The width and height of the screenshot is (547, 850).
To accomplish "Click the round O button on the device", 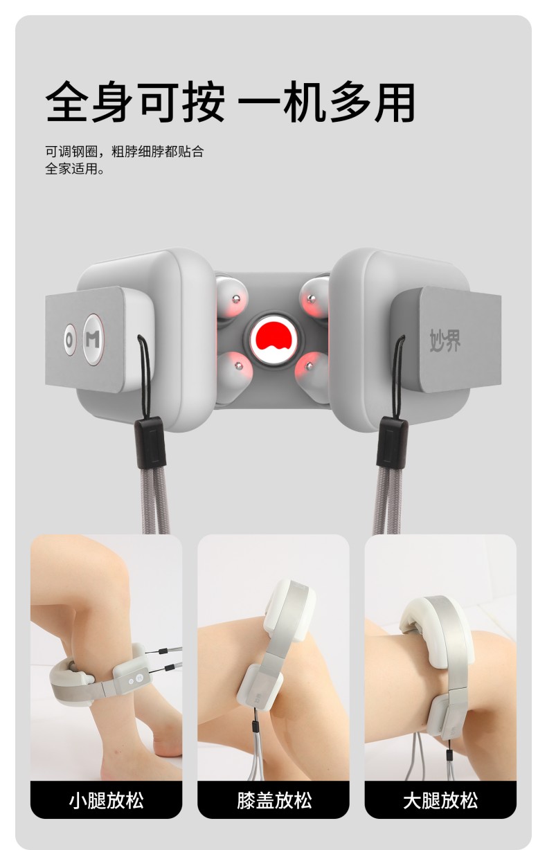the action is tap(69, 340).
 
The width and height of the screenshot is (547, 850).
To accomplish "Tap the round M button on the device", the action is tap(93, 339).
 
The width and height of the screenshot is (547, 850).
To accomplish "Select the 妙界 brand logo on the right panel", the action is tap(445, 340).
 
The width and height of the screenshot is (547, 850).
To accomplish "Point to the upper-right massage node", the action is tap(314, 297).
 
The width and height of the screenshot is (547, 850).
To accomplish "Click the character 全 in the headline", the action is tap(66, 102).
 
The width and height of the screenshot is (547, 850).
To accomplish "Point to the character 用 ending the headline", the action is tap(394, 102).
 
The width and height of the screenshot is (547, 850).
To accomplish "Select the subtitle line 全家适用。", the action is tap(75, 168).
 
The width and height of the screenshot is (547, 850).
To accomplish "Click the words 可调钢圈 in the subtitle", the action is tap(72, 152).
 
